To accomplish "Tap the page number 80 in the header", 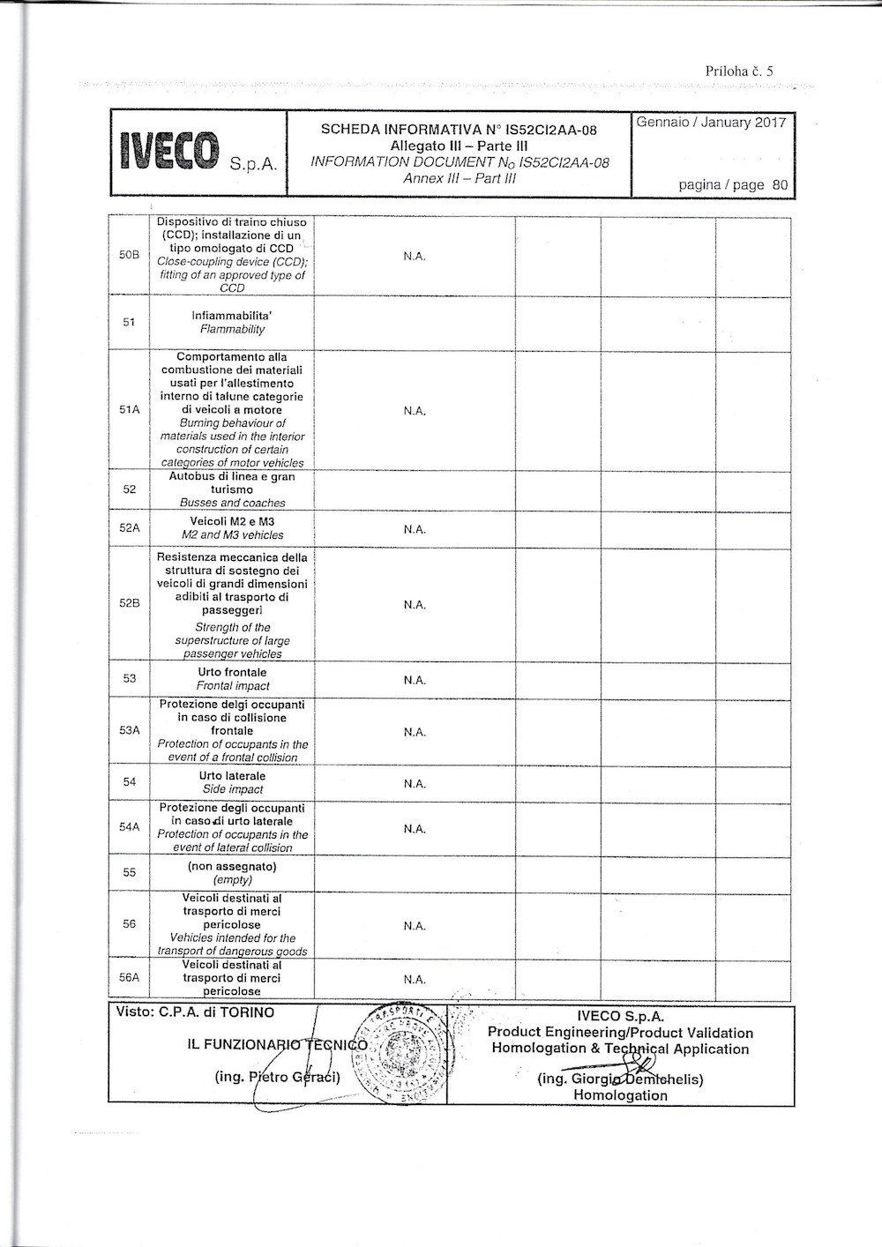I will [x=779, y=185].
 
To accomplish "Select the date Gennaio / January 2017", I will [x=711, y=123].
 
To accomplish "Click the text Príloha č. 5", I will [x=738, y=71].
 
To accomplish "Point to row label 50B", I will [x=130, y=256].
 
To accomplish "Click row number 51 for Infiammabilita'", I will [x=130, y=323].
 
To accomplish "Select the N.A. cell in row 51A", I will [x=415, y=411].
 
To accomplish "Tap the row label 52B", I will [x=130, y=604].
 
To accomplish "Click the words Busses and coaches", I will [x=233, y=503].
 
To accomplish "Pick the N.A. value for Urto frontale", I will [x=415, y=680].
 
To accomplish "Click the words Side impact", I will [x=233, y=789].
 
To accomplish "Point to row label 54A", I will [x=130, y=827].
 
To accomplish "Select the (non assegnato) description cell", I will [x=233, y=873].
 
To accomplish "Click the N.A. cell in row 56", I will [x=415, y=926].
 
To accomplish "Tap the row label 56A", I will [x=130, y=978].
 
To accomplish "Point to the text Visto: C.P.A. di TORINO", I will [x=195, y=1012].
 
